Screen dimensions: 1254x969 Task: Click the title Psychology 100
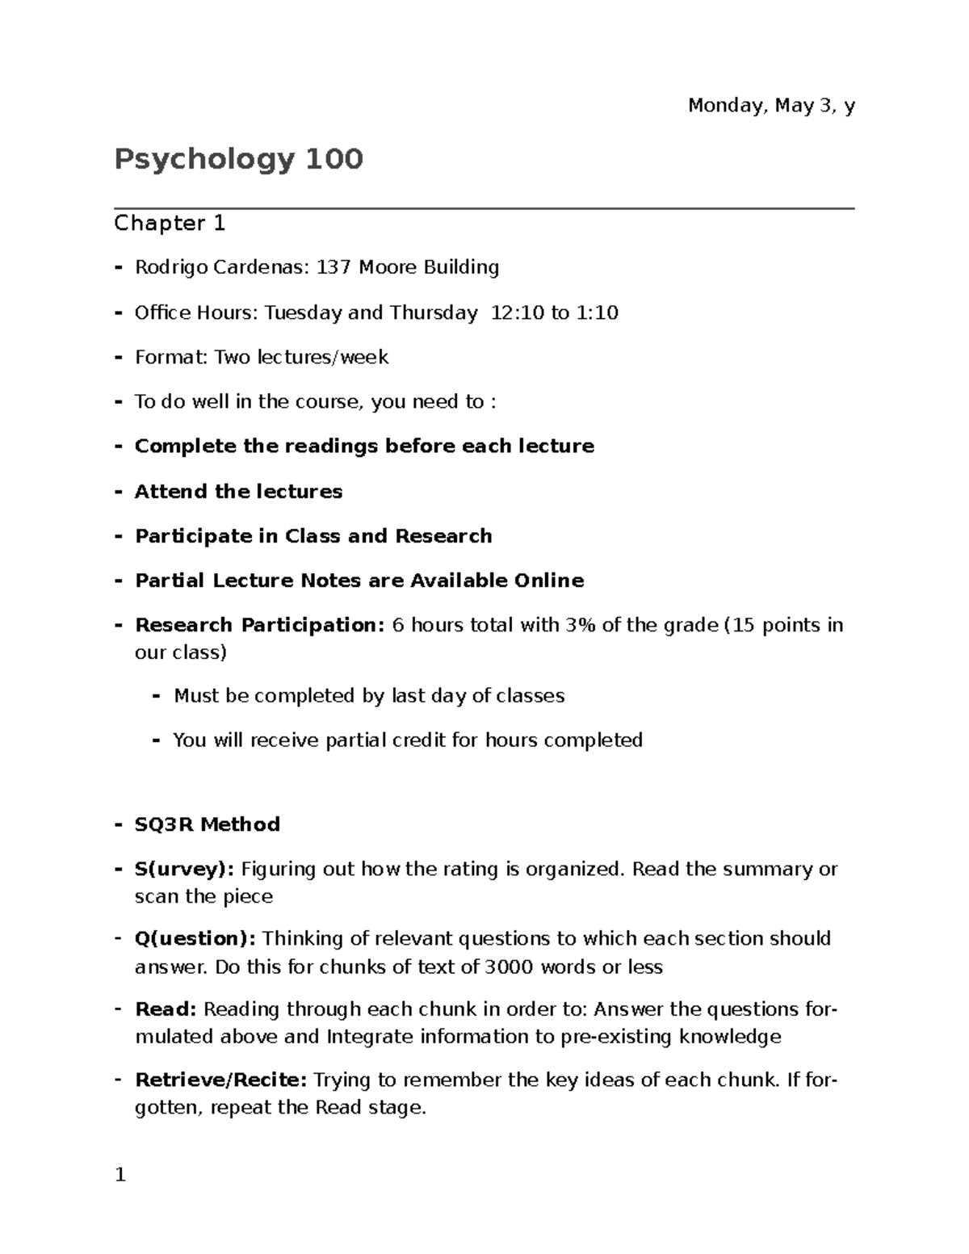(x=239, y=160)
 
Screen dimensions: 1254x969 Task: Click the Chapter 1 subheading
(x=170, y=224)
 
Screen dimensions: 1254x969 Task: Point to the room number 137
(x=333, y=267)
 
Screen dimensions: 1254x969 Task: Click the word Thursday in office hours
(x=434, y=312)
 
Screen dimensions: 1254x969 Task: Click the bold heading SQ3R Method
(x=208, y=824)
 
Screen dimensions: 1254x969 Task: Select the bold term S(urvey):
(x=185, y=870)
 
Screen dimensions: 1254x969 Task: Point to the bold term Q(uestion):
(x=195, y=939)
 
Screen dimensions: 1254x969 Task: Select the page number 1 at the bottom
(x=120, y=1176)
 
